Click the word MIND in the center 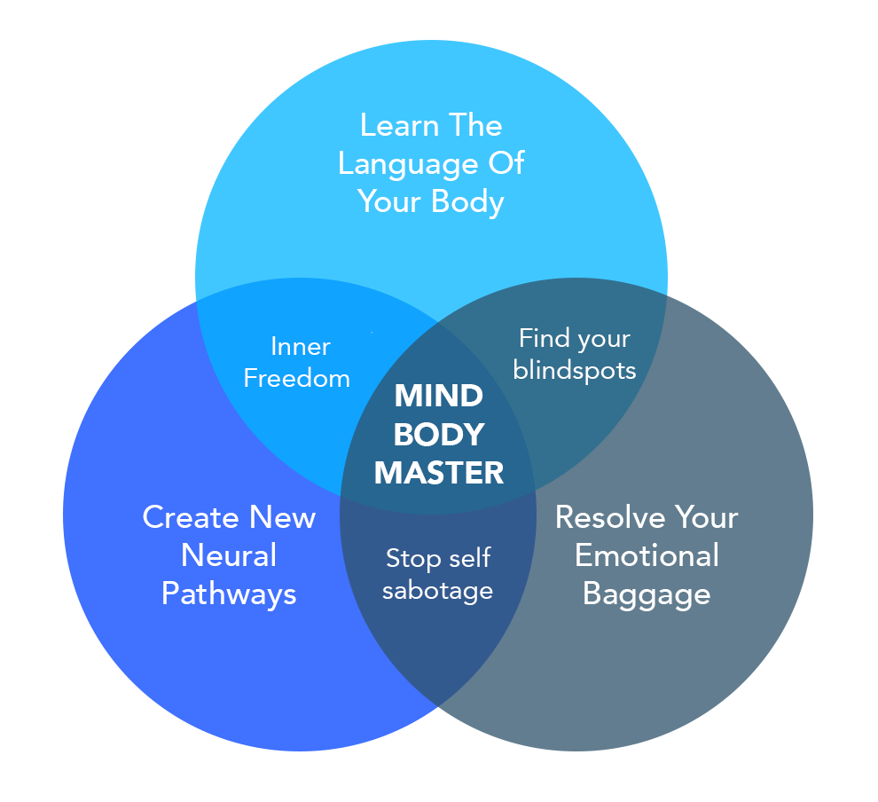point(439,396)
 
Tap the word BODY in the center point(439,434)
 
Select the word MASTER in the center point(439,472)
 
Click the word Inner point(301,346)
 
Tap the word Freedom point(297,378)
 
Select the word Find point(541,338)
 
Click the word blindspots point(575,370)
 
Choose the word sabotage point(437,590)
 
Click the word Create point(191,517)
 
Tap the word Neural point(229,556)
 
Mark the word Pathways point(229,594)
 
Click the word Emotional point(647,556)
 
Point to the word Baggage point(647,594)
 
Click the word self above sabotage point(468,559)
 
